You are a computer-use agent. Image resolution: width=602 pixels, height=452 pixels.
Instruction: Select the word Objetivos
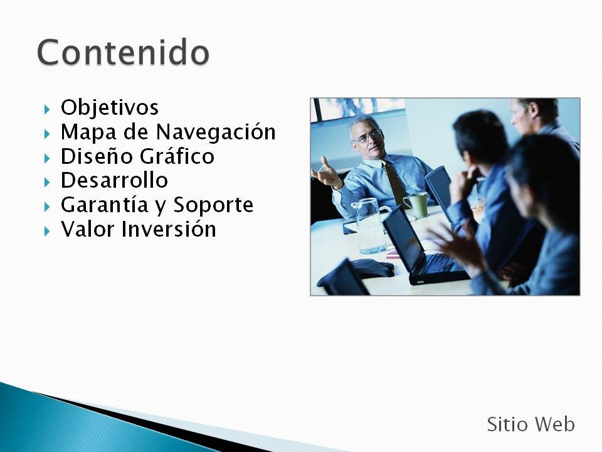(109, 107)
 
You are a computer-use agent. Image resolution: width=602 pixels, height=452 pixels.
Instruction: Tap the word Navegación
(216, 132)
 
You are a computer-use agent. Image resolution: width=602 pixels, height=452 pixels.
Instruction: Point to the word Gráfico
(177, 156)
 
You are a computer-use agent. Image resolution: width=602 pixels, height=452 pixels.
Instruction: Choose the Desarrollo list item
(114, 180)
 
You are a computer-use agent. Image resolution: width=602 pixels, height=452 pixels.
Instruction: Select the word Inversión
(169, 229)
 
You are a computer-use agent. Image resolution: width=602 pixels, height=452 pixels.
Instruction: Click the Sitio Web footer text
(531, 425)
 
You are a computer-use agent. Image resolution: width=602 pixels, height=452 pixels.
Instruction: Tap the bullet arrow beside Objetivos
(47, 109)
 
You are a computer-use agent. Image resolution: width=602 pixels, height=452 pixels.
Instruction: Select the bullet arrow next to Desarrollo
(47, 182)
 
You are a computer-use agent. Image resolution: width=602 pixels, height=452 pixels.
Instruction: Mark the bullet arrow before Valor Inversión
(47, 231)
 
